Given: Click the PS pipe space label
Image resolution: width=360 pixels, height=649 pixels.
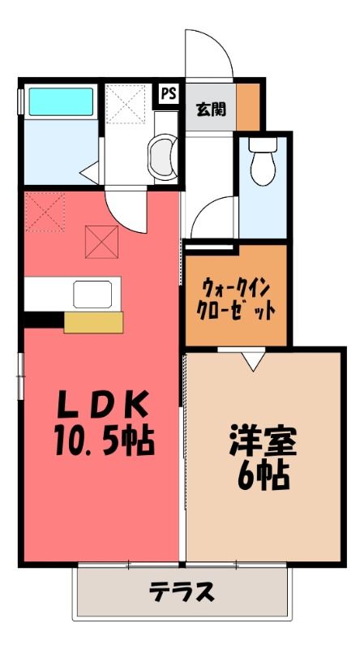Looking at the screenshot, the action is click(169, 94).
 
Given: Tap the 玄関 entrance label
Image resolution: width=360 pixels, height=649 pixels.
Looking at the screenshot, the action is click(211, 109).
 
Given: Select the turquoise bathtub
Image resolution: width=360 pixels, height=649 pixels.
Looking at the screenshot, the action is click(61, 101).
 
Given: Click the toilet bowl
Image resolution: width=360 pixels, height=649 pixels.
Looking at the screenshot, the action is click(264, 161).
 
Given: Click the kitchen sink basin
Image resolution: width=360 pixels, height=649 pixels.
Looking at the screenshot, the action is click(92, 294).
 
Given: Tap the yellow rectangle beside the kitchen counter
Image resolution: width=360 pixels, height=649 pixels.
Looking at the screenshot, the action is click(93, 322).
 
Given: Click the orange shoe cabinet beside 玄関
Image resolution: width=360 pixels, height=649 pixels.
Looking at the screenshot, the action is click(248, 107).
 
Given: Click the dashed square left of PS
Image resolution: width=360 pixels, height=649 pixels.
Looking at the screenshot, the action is click(126, 104).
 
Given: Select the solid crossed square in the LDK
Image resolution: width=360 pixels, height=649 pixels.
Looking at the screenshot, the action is click(102, 242).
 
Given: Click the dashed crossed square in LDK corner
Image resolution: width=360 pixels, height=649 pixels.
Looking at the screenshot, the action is click(45, 212).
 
